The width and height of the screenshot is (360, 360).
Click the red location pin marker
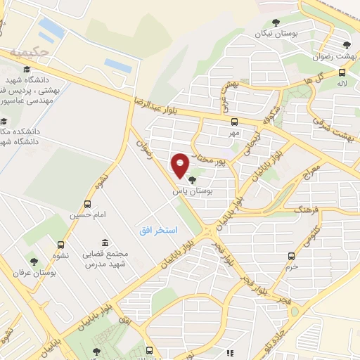click(x=181, y=165)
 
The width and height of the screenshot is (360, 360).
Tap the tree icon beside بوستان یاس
click(x=193, y=181)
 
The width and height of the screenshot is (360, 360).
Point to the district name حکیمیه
click(x=30, y=51)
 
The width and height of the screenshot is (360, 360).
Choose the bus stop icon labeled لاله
click(x=342, y=71)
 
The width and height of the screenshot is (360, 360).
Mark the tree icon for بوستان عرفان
click(x=33, y=262)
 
